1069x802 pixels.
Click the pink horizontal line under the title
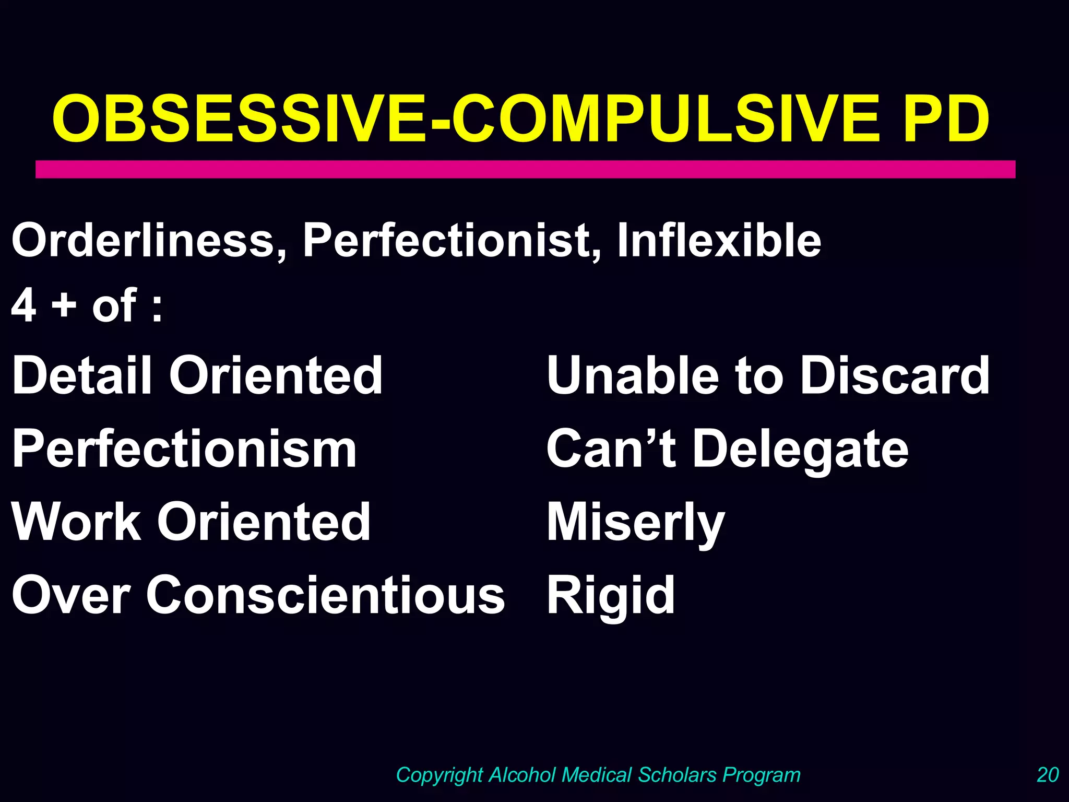pyautogui.click(x=525, y=169)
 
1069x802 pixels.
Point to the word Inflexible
pyautogui.click(x=719, y=241)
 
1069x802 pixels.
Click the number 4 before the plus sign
pyautogui.click(x=24, y=305)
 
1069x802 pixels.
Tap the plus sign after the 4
pyautogui.click(x=64, y=305)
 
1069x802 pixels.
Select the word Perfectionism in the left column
pyautogui.click(x=184, y=449)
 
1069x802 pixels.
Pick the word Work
pyautogui.click(x=76, y=522)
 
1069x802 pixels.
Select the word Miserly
pyautogui.click(x=636, y=522)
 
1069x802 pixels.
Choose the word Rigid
pyautogui.click(x=611, y=595)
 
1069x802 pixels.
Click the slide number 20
pyautogui.click(x=1048, y=775)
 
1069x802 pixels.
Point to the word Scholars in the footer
pyautogui.click(x=678, y=775)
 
